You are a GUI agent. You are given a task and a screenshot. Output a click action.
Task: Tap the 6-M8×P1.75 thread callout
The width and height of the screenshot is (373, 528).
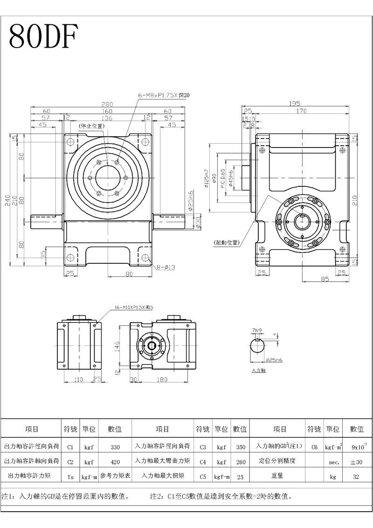click(163, 95)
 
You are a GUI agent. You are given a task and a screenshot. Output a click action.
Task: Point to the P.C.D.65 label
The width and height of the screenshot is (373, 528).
click(223, 179)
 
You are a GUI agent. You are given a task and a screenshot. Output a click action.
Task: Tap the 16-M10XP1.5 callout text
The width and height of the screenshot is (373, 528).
click(133, 308)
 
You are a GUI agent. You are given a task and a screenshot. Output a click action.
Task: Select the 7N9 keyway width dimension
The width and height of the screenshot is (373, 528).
click(257, 331)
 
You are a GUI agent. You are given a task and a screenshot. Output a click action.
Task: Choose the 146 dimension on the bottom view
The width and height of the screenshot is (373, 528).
click(118, 346)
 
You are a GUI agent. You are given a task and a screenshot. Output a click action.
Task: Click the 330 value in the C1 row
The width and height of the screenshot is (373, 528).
click(115, 447)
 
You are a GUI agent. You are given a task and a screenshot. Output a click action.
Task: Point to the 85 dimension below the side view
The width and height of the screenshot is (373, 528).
click(325, 279)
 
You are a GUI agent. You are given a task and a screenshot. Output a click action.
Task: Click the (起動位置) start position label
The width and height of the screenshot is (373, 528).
click(226, 242)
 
